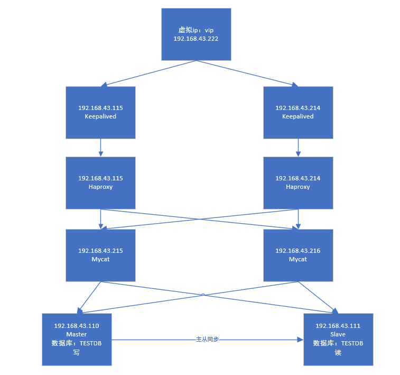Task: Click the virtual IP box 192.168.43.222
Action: [196, 34]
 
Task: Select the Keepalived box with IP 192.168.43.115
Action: [100, 112]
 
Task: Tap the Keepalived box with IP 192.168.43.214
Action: [298, 112]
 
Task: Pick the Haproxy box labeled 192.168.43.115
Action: [100, 182]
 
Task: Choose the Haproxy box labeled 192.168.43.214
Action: [298, 182]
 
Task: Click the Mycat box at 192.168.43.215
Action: [100, 255]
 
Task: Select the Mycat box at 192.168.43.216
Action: [298, 255]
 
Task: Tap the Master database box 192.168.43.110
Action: [77, 339]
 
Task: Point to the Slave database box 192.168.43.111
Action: [338, 339]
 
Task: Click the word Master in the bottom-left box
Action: [77, 334]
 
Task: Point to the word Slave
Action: [338, 334]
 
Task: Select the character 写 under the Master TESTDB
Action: [77, 352]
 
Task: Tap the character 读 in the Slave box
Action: [338, 352]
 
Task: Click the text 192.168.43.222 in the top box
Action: [196, 39]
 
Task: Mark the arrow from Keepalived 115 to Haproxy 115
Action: [100, 148]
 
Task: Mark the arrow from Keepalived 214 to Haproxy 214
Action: [298, 148]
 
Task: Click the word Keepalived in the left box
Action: [100, 116]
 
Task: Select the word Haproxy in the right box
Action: [298, 187]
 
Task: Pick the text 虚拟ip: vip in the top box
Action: [196, 30]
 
